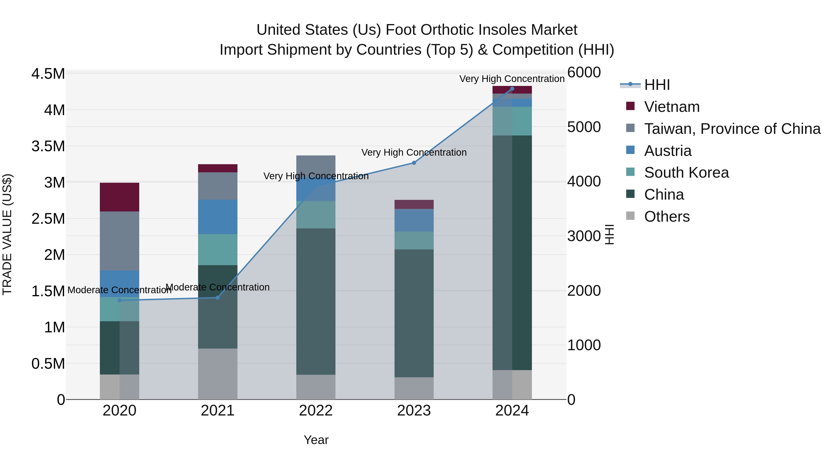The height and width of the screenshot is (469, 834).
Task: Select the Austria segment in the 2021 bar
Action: coord(218,217)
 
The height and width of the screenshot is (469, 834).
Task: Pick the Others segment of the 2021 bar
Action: coord(218,374)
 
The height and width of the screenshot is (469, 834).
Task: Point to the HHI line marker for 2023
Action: coord(414,163)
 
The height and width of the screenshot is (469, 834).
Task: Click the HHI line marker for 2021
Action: coord(218,297)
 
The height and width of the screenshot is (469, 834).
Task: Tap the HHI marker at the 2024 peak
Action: coord(512,89)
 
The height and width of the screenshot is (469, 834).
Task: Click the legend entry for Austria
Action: coord(668,151)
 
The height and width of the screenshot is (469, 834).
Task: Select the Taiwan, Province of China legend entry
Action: coord(732,129)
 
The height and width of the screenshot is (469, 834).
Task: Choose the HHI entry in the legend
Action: coord(657,85)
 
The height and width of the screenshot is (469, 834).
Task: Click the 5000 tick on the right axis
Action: coord(584,127)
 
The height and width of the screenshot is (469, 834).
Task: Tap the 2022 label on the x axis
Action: coord(316,411)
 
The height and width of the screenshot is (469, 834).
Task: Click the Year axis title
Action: coord(316,440)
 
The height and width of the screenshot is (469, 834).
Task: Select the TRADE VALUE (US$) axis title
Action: coord(7,234)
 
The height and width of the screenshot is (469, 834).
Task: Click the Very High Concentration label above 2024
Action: coord(512,79)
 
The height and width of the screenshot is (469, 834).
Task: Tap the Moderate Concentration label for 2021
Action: coord(218,287)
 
